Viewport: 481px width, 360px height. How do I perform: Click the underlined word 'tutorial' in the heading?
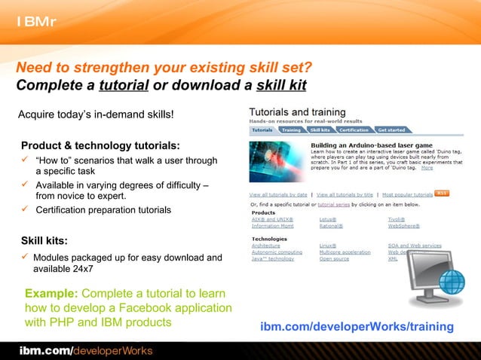[x=123, y=84]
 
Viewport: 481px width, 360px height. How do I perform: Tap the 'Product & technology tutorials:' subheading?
[x=100, y=145]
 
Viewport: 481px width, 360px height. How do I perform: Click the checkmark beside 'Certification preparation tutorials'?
[x=25, y=209]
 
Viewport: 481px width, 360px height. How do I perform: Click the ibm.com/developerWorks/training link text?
[x=357, y=326]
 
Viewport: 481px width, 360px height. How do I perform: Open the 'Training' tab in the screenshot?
[x=291, y=130]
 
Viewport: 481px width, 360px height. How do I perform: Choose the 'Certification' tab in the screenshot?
[x=354, y=130]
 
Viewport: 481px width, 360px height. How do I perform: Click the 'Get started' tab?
[x=391, y=130]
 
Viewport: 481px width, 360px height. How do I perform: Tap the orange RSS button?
[x=443, y=194]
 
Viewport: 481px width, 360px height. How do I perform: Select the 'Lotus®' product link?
[x=329, y=218]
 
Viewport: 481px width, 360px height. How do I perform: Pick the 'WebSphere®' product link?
[x=403, y=225]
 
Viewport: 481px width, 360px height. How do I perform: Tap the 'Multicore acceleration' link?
[x=345, y=252]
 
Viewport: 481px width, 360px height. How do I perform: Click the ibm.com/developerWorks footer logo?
[x=85, y=351]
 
